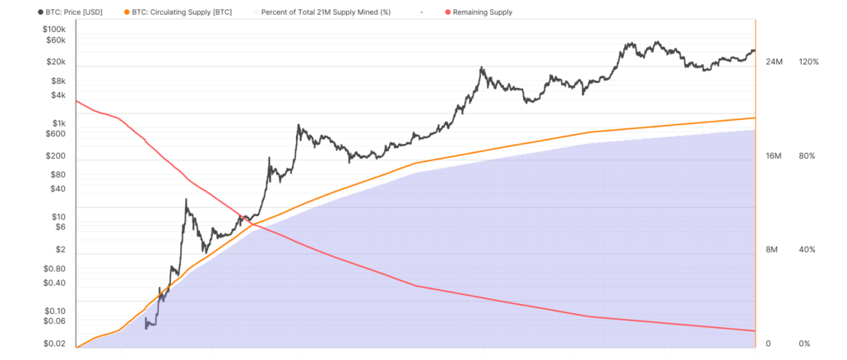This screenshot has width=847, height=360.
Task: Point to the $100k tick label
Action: pyautogui.click(x=53, y=29)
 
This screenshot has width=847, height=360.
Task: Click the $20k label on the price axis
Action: pyautogui.click(x=56, y=62)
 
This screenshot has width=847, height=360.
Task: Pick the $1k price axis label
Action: pyautogui.click(x=58, y=122)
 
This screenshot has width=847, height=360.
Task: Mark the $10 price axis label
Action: pyautogui.click(x=58, y=216)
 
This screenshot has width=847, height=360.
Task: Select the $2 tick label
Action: pyautogui.click(x=61, y=249)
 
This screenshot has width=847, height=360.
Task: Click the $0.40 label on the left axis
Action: pyautogui.click(x=54, y=282)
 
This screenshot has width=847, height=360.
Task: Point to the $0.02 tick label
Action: pyautogui.click(x=54, y=343)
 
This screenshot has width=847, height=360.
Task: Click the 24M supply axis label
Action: pyautogui.click(x=774, y=62)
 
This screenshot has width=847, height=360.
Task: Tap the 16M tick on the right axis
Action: pyautogui.click(x=774, y=155)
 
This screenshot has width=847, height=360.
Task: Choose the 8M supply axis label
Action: pyautogui.click(x=771, y=250)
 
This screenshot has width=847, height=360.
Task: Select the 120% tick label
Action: pyautogui.click(x=808, y=62)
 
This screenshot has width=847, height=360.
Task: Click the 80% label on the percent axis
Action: pyautogui.click(x=807, y=155)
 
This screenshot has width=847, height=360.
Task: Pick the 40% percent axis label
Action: pyautogui.click(x=807, y=250)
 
